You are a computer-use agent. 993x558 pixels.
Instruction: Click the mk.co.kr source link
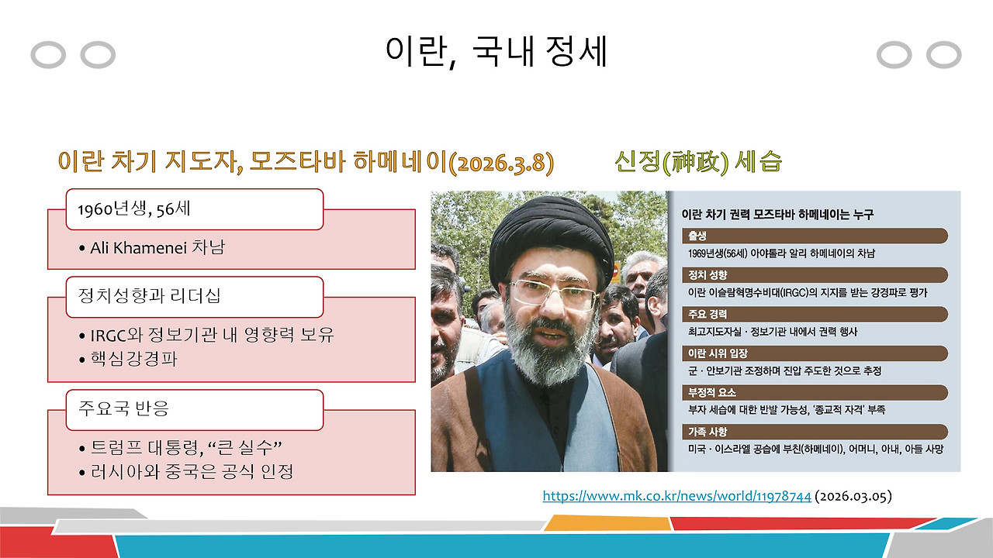[x=676, y=496]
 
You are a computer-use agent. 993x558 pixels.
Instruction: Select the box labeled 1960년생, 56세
[x=194, y=209]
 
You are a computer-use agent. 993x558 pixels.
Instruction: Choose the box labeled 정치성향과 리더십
[x=194, y=297]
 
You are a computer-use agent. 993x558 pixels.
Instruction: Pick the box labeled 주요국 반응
[x=194, y=409]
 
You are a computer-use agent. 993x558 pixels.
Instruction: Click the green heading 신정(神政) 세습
[x=697, y=162]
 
